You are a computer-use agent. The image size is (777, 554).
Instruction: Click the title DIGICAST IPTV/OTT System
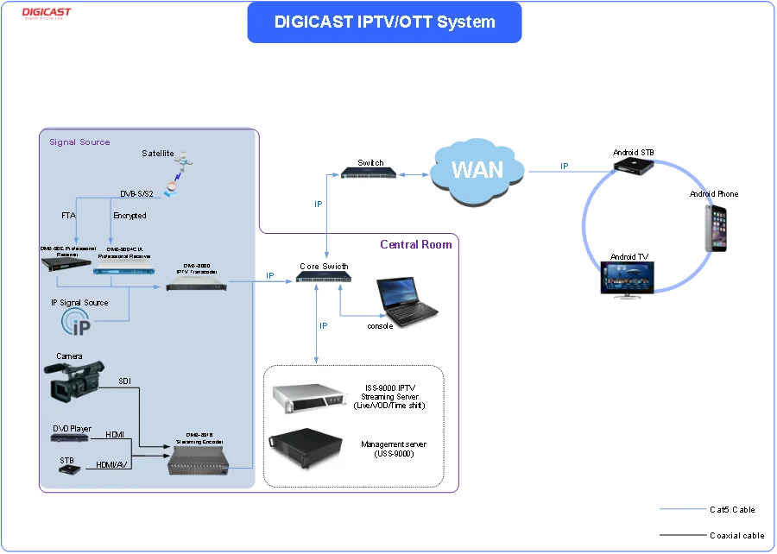(385, 22)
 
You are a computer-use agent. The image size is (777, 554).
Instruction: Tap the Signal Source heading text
(79, 142)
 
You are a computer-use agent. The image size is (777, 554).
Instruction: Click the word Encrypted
(129, 216)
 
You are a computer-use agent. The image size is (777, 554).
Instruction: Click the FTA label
(68, 216)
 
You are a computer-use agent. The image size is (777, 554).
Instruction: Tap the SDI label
(125, 381)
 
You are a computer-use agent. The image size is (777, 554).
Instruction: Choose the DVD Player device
(70, 438)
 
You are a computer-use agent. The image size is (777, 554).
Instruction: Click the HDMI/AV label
(112, 464)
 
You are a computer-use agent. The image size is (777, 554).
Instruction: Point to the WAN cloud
(477, 168)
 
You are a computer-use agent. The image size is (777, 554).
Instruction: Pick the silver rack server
(308, 396)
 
